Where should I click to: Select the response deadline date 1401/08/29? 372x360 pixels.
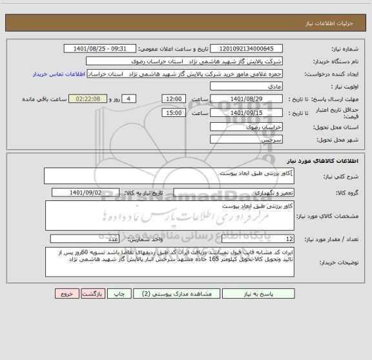247,98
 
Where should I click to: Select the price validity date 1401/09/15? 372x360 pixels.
247,112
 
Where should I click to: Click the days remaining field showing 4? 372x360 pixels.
129,98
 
